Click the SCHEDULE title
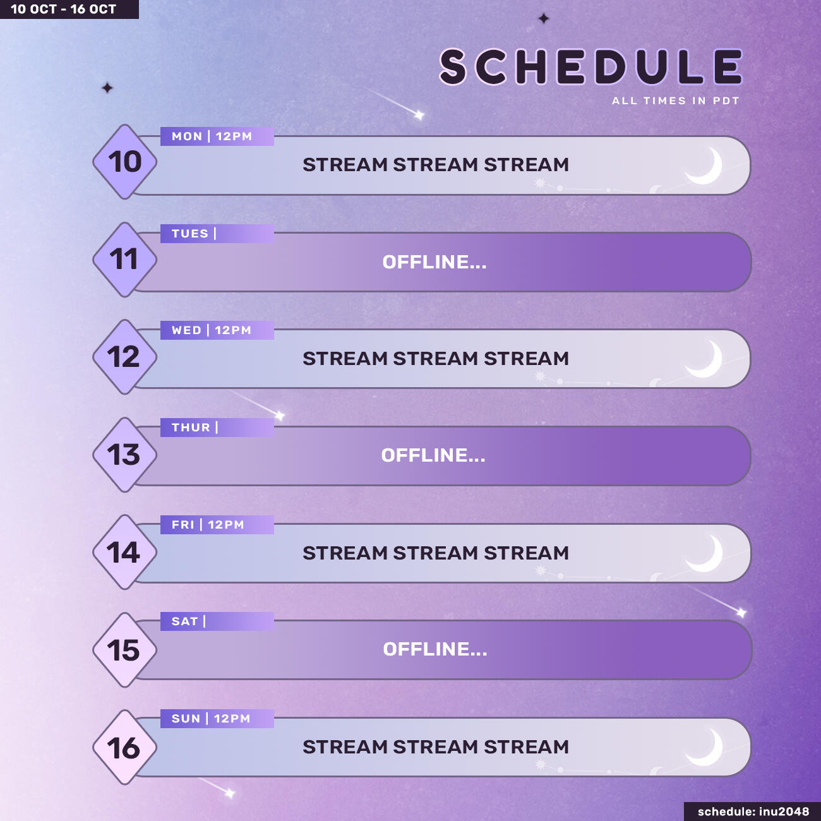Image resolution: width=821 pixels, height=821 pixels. [x=590, y=67]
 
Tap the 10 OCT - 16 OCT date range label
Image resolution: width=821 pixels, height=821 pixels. [x=64, y=9]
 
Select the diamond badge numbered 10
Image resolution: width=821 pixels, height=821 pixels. [x=125, y=162]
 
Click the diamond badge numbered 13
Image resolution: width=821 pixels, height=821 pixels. [x=124, y=455]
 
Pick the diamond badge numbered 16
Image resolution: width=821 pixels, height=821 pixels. [x=124, y=748]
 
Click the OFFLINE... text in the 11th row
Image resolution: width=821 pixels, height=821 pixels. [x=434, y=262]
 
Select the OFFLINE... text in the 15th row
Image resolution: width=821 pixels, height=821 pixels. [x=435, y=649]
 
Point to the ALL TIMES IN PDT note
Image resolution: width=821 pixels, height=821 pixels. [x=675, y=101]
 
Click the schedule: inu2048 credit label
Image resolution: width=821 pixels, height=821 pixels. [x=753, y=812]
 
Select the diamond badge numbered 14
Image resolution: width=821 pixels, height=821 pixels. [x=124, y=553]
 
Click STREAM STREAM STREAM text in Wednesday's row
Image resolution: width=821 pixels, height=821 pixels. [x=436, y=359]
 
